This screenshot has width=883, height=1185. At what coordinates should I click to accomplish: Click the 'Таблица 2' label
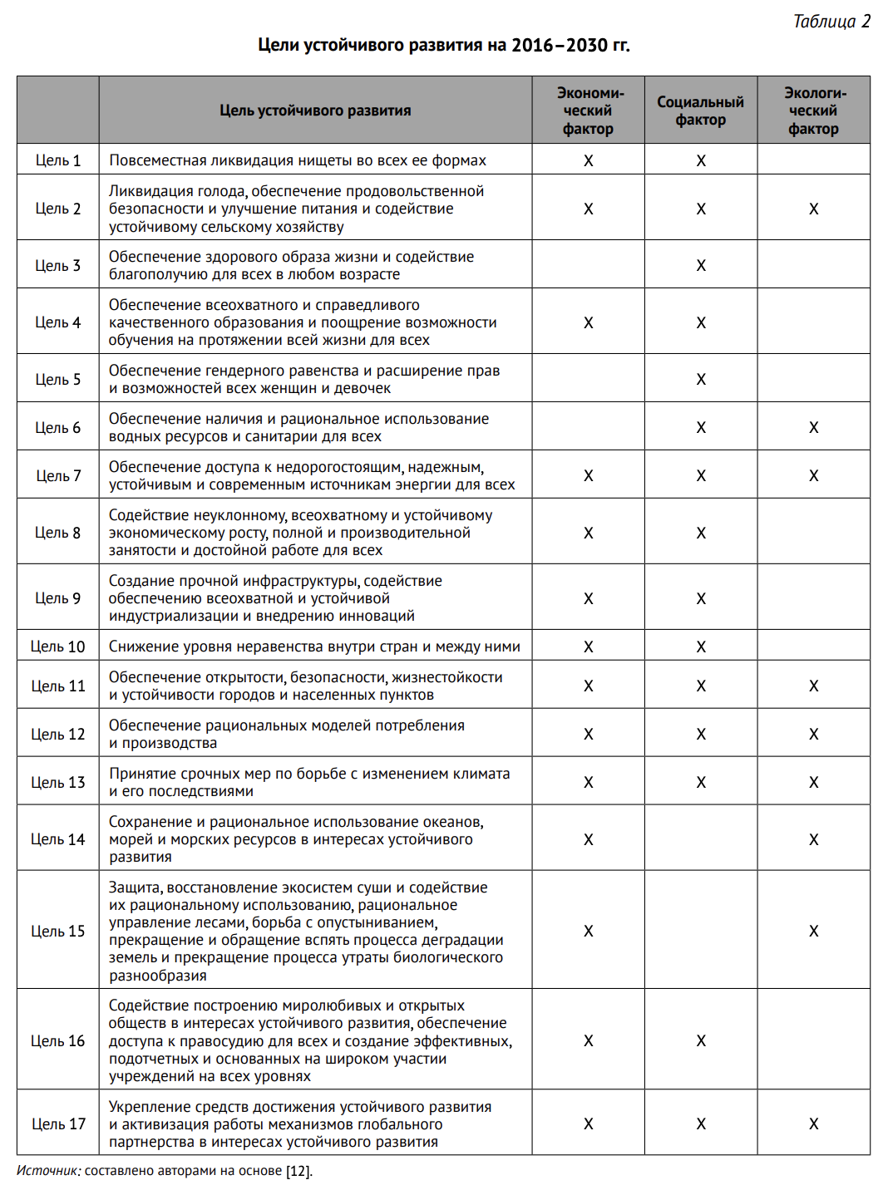point(831,22)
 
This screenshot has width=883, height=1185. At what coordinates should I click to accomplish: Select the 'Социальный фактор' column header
point(700,111)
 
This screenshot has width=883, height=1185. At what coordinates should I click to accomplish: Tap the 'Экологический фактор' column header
point(813,111)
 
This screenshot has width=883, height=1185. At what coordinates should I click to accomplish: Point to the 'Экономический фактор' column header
point(588,111)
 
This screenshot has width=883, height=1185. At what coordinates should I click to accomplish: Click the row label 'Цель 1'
point(58,160)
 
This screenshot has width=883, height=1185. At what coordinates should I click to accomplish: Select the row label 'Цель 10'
point(58,647)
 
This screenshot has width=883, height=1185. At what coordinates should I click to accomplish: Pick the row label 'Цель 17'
point(58,1124)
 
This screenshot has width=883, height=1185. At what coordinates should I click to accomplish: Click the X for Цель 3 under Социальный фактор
point(701,266)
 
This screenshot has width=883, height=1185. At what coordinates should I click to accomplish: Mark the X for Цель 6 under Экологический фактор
point(814,428)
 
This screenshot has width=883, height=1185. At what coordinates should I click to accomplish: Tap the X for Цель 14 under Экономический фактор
point(588,839)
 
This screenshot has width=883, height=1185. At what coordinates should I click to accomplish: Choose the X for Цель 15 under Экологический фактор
point(814,932)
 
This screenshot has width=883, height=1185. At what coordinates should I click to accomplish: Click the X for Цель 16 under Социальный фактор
point(701,1041)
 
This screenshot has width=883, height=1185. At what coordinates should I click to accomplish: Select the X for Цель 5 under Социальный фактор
point(701,380)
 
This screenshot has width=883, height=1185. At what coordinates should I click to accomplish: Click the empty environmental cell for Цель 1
point(813,160)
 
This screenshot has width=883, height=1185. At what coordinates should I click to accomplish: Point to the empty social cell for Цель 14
point(701,839)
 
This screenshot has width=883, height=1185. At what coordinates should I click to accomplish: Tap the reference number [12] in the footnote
point(298,1171)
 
